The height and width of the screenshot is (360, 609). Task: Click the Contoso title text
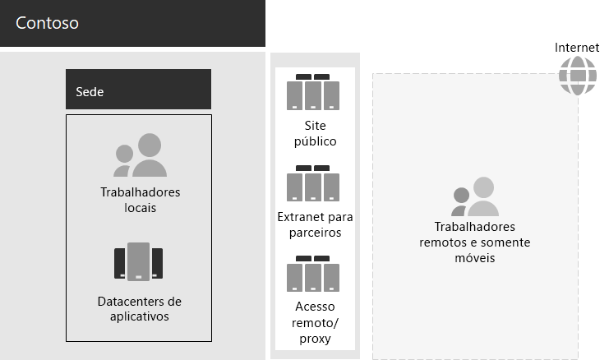point(47,23)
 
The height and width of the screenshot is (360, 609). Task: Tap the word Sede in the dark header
point(90,91)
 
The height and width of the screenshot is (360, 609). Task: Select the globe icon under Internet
point(576,76)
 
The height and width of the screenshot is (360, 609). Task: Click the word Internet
point(577,48)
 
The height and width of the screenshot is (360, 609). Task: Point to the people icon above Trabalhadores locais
point(140,155)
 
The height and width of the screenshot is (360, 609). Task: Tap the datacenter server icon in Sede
point(138,262)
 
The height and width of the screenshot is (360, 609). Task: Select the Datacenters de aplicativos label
point(139,309)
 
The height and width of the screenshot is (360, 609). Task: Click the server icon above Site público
point(314,92)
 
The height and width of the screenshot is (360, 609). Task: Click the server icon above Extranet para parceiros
point(314,183)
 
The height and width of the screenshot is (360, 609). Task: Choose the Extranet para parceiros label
point(315,224)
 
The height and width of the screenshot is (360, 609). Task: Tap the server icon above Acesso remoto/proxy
point(314,274)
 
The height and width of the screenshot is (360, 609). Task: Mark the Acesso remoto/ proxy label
point(315,322)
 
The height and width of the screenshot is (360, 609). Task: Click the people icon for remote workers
point(474,197)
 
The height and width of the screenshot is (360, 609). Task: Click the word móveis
point(474,257)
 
